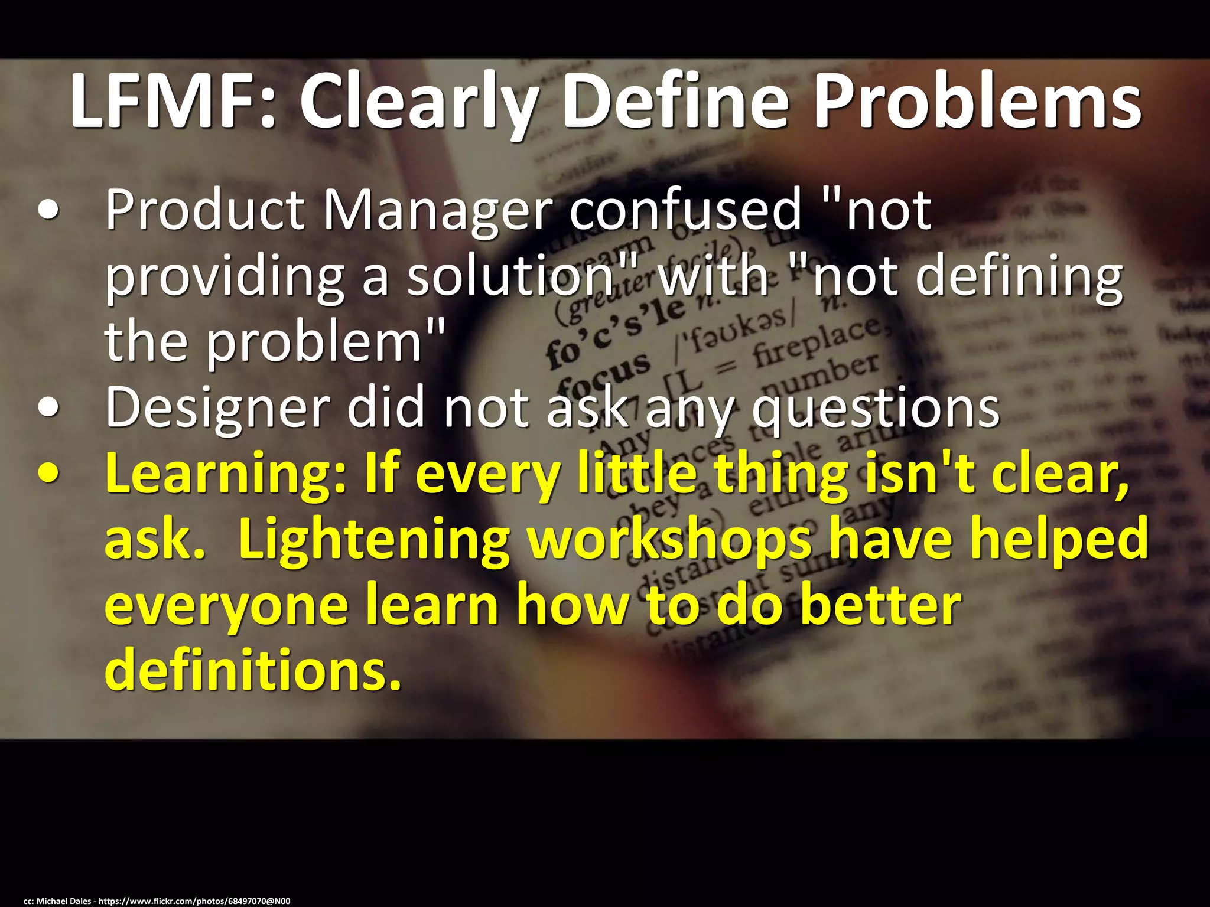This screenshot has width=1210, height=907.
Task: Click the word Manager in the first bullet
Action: point(437,213)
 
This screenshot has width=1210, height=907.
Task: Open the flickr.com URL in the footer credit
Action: point(194,901)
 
